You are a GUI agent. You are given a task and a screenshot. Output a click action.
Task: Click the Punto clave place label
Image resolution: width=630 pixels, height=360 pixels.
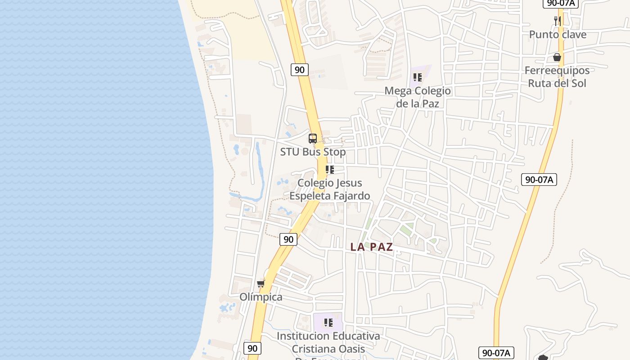(558, 35)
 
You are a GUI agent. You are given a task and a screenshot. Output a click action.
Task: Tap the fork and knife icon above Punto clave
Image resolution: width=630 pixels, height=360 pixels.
(557, 20)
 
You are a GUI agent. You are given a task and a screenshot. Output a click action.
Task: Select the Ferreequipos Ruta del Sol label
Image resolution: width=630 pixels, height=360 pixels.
(557, 77)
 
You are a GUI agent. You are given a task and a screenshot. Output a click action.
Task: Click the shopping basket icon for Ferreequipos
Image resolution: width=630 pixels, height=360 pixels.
(557, 57)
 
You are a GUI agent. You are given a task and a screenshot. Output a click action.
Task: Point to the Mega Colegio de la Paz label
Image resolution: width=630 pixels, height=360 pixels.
(417, 97)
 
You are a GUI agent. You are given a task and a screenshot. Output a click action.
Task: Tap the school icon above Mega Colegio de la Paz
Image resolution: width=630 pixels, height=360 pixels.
(417, 77)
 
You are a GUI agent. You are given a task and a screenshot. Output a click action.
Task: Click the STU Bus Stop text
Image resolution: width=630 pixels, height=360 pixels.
(313, 152)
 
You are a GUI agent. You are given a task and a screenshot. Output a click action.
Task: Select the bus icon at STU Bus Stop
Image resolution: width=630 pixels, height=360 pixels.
(313, 139)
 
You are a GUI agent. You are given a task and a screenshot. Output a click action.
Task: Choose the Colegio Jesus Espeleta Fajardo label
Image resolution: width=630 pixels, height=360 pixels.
(329, 189)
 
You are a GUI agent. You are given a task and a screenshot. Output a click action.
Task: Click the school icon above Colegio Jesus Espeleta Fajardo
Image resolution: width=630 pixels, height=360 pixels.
(329, 170)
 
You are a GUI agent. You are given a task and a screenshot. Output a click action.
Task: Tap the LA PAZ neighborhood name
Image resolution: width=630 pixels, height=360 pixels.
(372, 247)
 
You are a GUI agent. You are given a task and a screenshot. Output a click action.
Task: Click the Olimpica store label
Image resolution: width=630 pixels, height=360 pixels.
(261, 297)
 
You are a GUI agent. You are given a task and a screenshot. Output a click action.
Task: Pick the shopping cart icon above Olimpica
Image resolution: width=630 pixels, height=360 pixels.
(261, 283)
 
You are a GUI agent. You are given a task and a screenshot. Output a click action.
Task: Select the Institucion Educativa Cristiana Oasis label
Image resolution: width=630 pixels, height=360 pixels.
(328, 342)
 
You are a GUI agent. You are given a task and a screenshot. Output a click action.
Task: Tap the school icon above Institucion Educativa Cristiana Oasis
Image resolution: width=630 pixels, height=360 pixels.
(328, 323)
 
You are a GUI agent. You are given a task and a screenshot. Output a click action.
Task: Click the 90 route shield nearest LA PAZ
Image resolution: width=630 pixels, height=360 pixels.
(288, 239)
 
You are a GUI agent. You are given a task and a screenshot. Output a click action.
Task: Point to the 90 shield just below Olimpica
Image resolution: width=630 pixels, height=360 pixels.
(252, 348)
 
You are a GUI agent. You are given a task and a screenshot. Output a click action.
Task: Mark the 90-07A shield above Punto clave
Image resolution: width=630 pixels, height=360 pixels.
(559, 3)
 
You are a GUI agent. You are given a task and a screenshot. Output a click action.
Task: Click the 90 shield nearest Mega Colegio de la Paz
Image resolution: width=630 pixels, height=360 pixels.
(299, 69)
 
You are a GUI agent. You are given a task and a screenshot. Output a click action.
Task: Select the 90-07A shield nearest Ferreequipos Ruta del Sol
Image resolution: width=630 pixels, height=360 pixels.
(539, 180)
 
